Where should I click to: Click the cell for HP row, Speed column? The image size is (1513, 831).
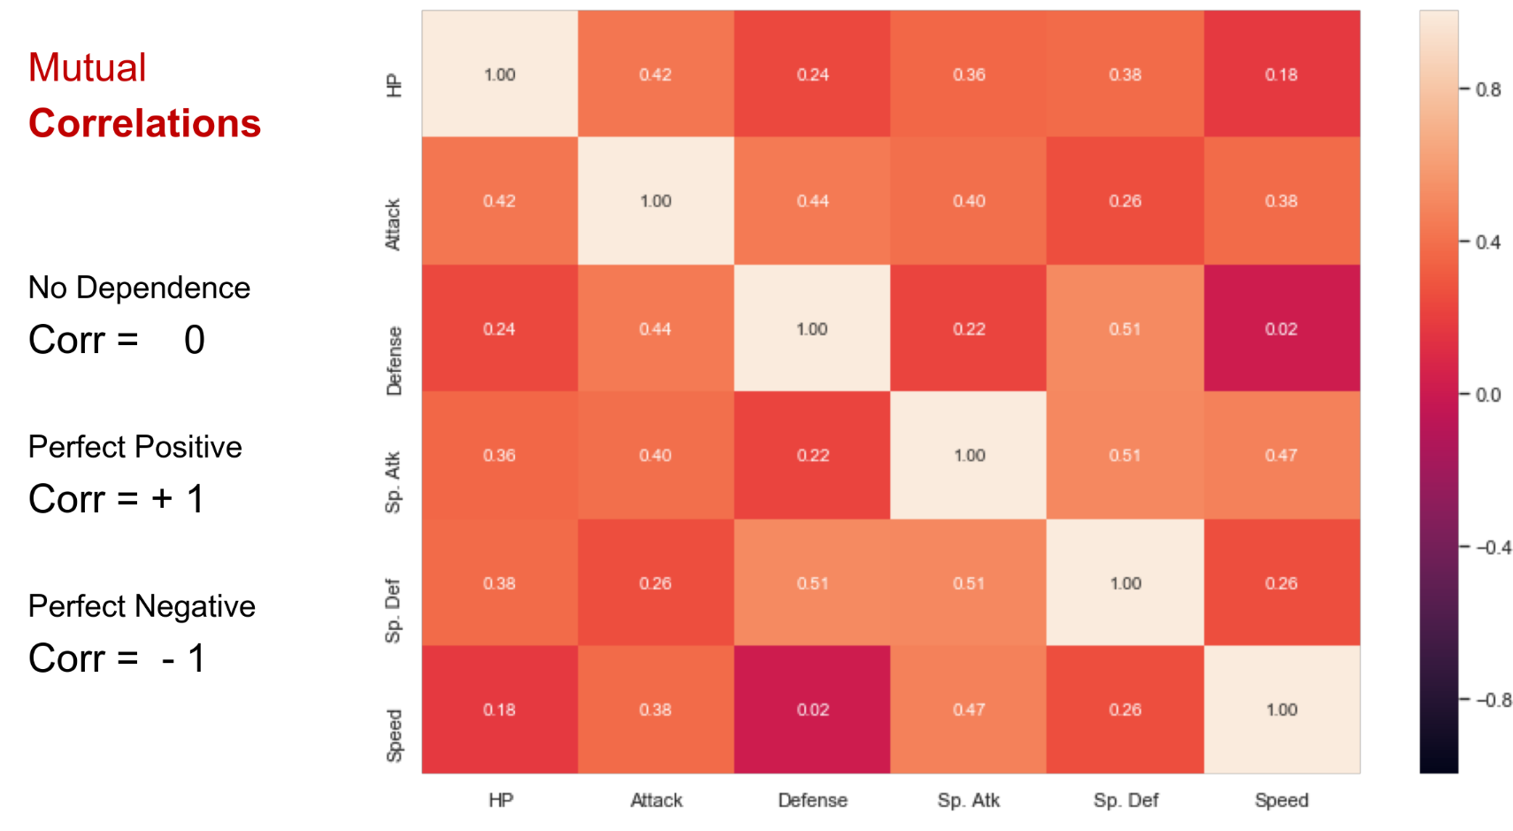(x=1281, y=74)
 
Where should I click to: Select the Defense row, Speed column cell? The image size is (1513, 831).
(x=1281, y=328)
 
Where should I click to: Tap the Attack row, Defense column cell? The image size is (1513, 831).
(x=812, y=201)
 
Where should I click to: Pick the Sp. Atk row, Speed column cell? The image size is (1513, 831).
(x=1281, y=455)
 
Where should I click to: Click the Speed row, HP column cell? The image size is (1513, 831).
(x=499, y=709)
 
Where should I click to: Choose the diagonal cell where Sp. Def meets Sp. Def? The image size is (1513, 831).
(x=1125, y=582)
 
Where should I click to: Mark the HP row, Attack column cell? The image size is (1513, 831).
(x=656, y=74)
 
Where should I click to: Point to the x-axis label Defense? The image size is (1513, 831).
(x=812, y=800)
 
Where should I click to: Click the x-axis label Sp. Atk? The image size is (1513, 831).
(x=968, y=800)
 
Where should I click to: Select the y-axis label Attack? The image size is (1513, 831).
(x=393, y=224)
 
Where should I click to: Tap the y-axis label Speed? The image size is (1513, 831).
(x=394, y=735)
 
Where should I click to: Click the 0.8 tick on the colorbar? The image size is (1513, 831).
(x=1487, y=89)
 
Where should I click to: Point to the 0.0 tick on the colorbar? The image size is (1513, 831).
(x=1487, y=395)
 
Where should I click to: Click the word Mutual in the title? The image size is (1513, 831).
(x=87, y=68)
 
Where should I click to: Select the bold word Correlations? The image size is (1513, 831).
(x=144, y=123)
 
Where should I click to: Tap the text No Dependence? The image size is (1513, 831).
(x=139, y=288)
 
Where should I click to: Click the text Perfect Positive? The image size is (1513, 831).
(x=134, y=447)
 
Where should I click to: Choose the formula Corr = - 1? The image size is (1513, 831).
(x=117, y=658)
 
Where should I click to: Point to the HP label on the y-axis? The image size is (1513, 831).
(x=394, y=85)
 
